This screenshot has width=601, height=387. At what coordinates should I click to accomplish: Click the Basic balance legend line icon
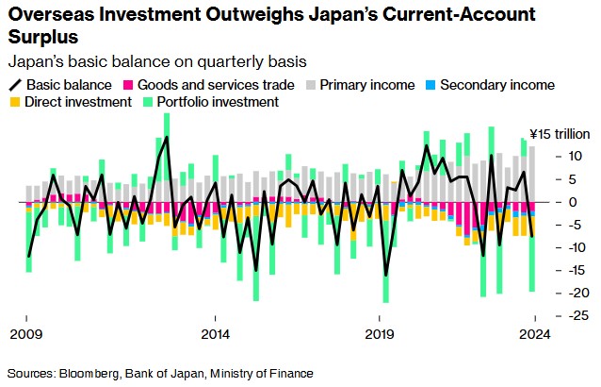point(15,85)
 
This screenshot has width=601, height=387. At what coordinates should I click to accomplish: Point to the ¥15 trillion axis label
point(559,132)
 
